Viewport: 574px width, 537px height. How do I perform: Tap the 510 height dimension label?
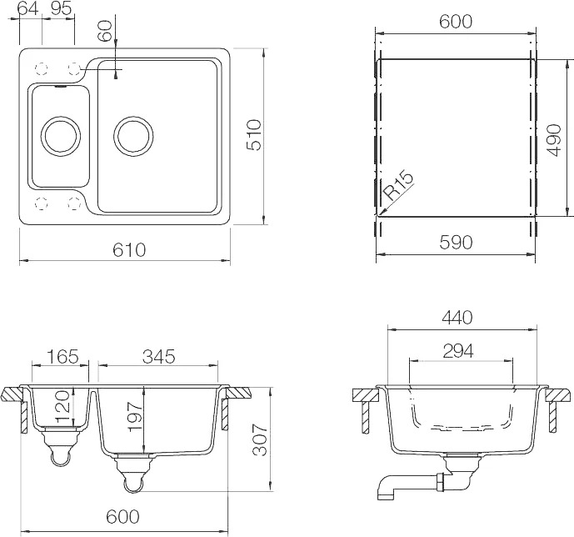coord(254,135)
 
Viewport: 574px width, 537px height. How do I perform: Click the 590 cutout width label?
coord(456,243)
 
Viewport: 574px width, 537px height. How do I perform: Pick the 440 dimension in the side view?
coord(457,318)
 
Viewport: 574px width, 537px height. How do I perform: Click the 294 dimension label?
coord(458,351)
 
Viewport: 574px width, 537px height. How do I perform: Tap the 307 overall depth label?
coord(260,439)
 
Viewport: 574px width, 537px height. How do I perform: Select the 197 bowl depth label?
coord(135,416)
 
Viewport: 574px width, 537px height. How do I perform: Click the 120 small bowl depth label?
coord(62,406)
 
